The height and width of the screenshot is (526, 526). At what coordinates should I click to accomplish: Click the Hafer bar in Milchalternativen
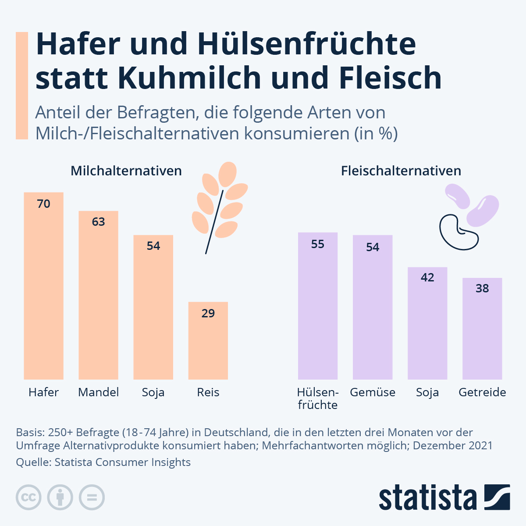pos(43,289)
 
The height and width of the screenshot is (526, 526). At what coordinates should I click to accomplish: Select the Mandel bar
pos(98,298)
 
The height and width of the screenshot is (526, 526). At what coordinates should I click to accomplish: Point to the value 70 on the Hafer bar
pos(43,204)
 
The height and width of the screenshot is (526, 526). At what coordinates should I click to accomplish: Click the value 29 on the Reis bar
pos(208,313)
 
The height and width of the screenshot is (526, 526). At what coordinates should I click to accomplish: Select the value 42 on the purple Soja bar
pos(427,277)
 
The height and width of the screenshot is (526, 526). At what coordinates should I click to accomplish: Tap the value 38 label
pos(482,288)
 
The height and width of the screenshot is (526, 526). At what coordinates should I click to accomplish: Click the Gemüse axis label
pos(373,392)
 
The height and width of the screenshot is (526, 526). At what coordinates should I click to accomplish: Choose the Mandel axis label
pos(98,392)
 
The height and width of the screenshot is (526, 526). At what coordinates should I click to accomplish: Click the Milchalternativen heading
pos(126,171)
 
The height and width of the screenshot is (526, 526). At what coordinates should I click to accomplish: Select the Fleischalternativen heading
pos(401,171)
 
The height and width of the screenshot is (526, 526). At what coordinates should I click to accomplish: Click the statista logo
pos(444,498)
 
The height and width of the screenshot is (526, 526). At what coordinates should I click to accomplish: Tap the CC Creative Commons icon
pos(28,498)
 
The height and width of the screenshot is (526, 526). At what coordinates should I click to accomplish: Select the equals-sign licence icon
pos(92,498)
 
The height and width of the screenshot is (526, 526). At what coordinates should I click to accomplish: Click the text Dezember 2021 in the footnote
pos(453,446)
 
